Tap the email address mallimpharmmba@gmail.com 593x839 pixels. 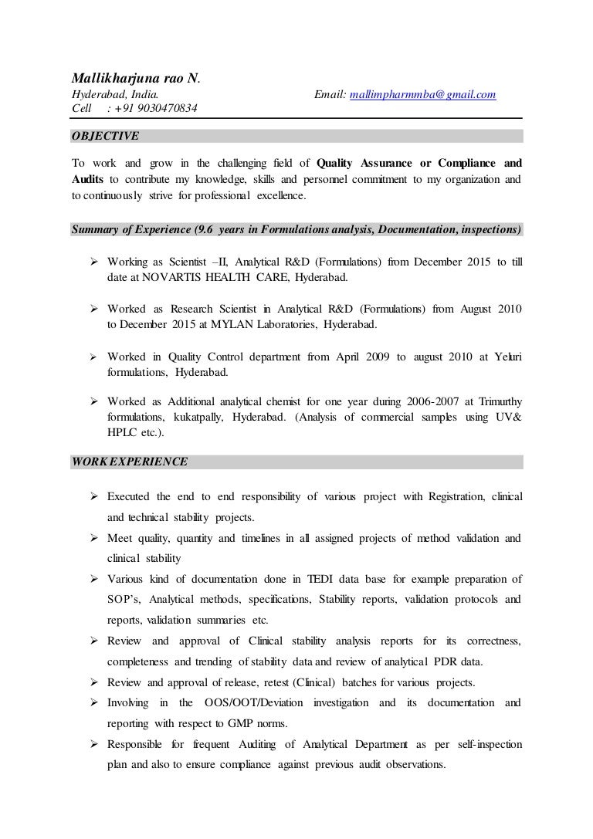[x=422, y=94]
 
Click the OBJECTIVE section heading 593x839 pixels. [x=105, y=136]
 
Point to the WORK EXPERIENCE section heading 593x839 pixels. [x=129, y=462]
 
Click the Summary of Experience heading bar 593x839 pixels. [x=296, y=229]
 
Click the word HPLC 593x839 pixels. [x=124, y=433]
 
